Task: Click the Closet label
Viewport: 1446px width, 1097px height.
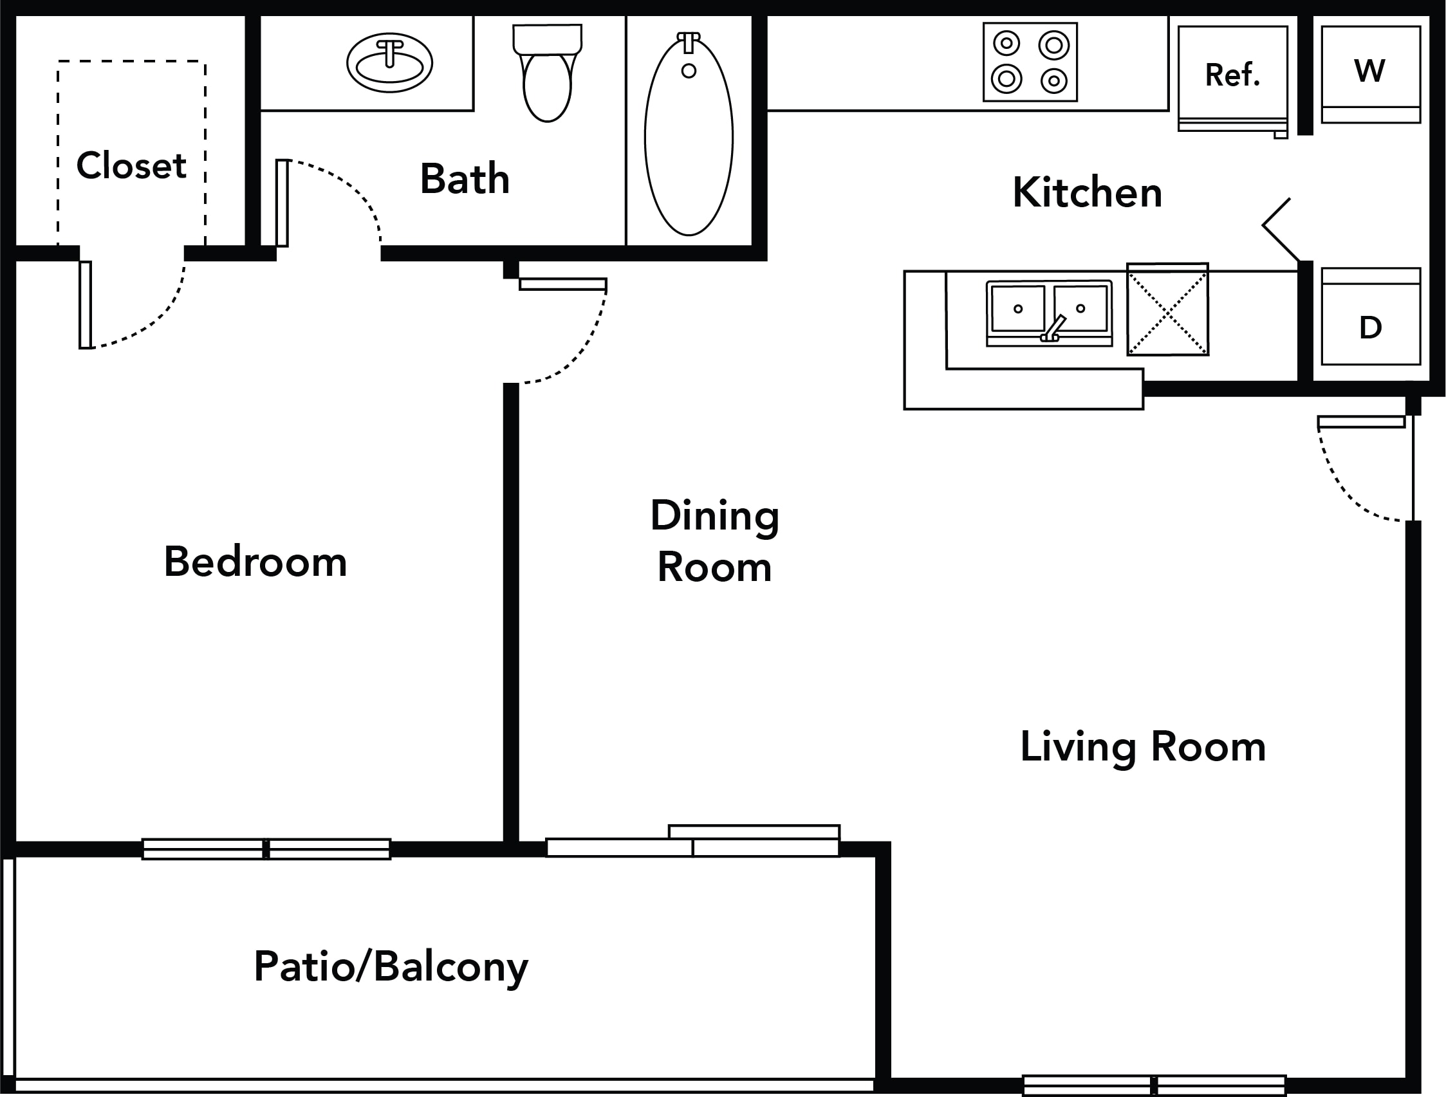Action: tap(131, 165)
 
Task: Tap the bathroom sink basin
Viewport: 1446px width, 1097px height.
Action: tap(389, 63)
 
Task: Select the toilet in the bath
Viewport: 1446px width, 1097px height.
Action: tap(548, 73)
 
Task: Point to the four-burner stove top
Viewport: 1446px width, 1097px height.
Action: tap(1030, 62)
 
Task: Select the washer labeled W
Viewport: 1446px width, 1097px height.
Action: tap(1371, 74)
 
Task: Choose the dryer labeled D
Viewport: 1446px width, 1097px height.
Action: tap(1371, 317)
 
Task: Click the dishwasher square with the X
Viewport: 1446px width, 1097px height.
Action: tap(1167, 309)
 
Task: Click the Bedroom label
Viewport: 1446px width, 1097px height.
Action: tap(255, 562)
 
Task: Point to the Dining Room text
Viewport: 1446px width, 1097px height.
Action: tap(715, 540)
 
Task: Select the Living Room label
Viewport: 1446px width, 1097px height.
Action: tap(1144, 746)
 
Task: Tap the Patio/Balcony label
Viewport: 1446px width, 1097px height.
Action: tap(391, 967)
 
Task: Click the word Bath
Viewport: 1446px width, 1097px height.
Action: tap(465, 178)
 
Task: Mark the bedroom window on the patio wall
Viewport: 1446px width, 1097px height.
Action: tap(266, 849)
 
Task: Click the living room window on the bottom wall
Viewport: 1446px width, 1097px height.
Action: tap(1154, 1086)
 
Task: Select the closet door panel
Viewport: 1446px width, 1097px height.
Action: tap(85, 304)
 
